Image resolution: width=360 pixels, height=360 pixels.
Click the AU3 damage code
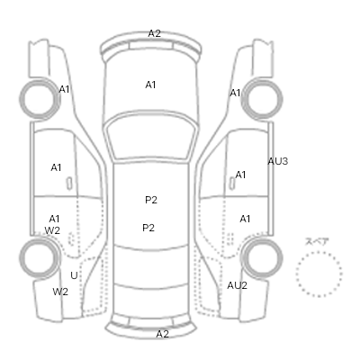(x=278, y=161)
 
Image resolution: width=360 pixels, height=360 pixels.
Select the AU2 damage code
(x=237, y=285)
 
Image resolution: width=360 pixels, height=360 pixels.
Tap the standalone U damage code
(x=74, y=275)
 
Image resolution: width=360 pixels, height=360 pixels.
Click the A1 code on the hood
(x=150, y=85)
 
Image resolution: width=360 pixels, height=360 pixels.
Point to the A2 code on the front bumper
(x=155, y=33)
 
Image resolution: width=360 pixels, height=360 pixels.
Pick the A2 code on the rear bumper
(x=163, y=334)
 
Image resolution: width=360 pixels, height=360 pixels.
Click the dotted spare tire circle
(x=319, y=274)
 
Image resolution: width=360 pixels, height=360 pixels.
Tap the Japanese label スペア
(x=317, y=241)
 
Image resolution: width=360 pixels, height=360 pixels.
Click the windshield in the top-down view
(x=152, y=137)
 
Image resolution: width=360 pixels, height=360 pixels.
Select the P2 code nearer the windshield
(x=151, y=200)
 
